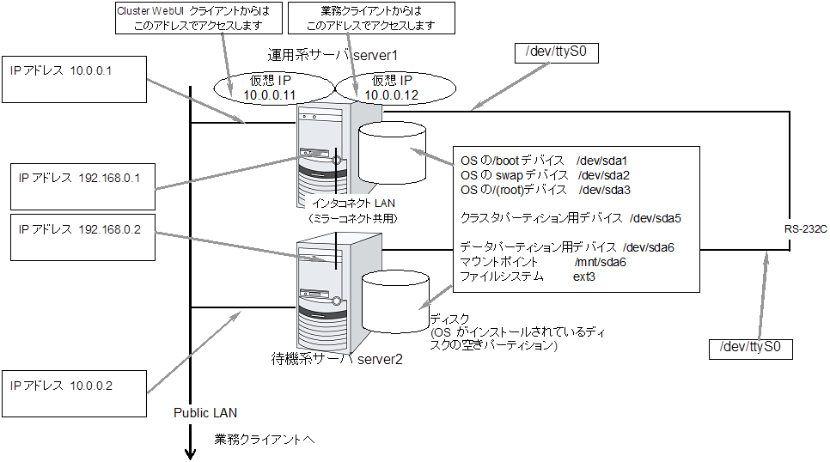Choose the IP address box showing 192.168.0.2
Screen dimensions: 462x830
pos(78,238)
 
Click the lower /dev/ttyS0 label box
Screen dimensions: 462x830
pos(748,349)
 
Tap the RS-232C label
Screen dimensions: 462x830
pos(806,229)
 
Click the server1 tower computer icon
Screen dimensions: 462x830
pos(325,151)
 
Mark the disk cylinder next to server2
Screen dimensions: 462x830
pos(395,302)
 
